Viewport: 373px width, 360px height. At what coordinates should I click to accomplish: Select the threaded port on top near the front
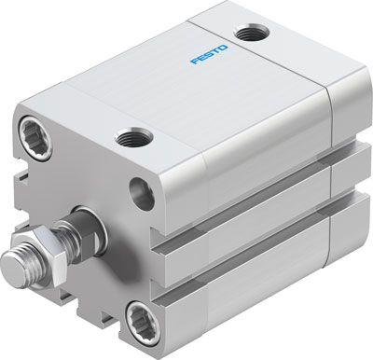pyautogui.click(x=130, y=139)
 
